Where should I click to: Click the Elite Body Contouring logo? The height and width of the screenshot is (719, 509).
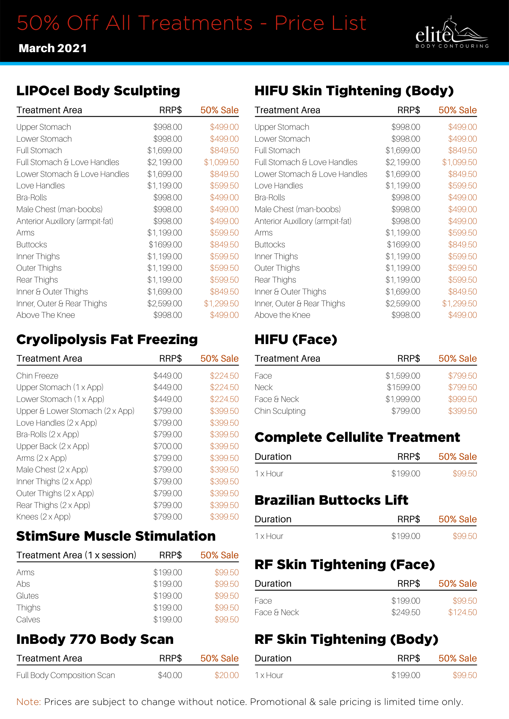pos(451,33)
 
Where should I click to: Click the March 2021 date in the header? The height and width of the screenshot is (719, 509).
pos(53,48)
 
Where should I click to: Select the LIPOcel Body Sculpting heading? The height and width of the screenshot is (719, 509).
pos(98,91)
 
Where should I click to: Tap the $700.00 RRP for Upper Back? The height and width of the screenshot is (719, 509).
pos(167,446)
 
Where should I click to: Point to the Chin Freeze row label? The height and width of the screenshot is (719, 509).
pos(37,376)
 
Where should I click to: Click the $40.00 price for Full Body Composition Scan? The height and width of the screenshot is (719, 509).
pos(170,675)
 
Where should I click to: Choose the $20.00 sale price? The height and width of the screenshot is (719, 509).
pos(226,675)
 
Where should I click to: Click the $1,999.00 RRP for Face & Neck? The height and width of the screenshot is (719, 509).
pos(402,399)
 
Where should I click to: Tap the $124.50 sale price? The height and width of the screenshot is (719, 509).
pos(462,612)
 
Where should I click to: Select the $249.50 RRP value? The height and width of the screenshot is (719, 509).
pos(405,612)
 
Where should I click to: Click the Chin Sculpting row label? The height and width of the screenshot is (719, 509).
pos(280,411)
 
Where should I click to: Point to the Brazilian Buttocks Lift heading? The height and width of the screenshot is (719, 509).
pos(331,500)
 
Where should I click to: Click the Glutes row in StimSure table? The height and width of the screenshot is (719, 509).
pos(27,596)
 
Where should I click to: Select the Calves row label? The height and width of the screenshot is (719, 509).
pos(28,619)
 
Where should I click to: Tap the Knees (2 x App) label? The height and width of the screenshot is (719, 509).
pos(43,517)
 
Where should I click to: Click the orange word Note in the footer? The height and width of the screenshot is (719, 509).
pos(28,702)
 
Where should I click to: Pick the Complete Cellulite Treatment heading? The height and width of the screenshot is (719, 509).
pos(357,437)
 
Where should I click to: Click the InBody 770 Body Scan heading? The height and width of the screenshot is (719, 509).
pos(95,639)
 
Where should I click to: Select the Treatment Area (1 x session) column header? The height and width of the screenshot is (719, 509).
pos(76,555)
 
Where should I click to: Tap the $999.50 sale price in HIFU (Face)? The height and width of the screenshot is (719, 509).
pos(462,399)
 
